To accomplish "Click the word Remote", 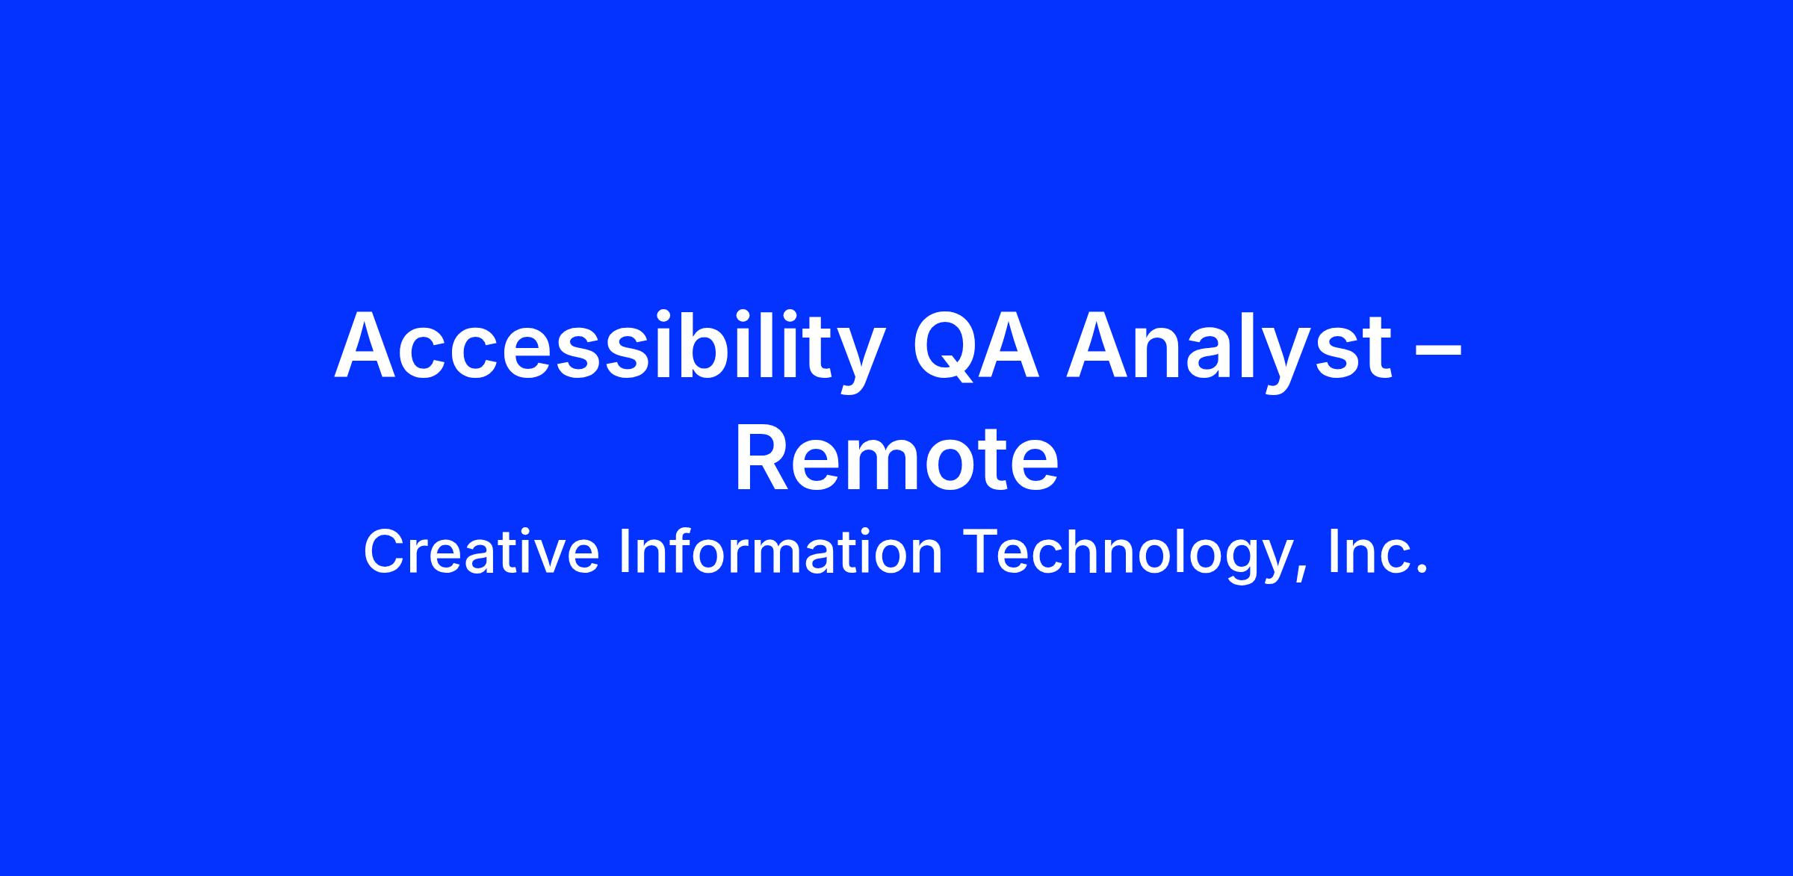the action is click(x=896, y=457).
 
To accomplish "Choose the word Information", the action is click(x=781, y=552).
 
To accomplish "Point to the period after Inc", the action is click(x=1422, y=571).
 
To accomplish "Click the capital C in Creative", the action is click(x=385, y=552).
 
